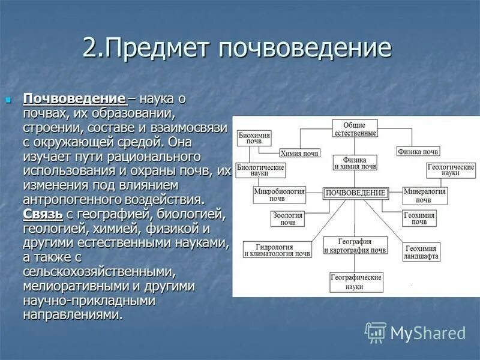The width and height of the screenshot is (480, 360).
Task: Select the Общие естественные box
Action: click(355, 128)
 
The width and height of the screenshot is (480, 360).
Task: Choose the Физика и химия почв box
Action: click(355, 163)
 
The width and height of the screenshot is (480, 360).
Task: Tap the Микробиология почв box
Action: click(279, 194)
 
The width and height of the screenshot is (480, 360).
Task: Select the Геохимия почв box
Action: click(419, 218)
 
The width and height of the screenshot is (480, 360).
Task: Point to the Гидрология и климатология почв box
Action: click(277, 250)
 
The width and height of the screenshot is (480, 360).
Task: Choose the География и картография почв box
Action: click(355, 245)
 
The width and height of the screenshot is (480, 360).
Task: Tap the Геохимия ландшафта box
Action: click(422, 251)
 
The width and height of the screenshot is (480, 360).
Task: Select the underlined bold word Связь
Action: click(43, 214)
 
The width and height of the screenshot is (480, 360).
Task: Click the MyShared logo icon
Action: click(376, 332)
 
